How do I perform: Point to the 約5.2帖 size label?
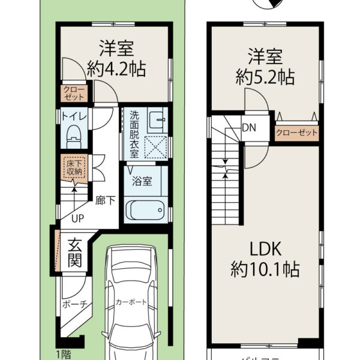pos(264,76)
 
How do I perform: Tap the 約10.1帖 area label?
pos(265,269)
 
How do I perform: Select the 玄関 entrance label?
pos(74,253)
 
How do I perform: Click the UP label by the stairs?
pos(77,218)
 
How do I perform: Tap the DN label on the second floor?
pos(247,127)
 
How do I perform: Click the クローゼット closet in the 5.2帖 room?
pos(296,133)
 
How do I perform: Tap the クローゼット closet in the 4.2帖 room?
pos(75,93)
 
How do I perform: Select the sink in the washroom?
pos(157,118)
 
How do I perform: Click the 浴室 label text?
pos(146,178)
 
